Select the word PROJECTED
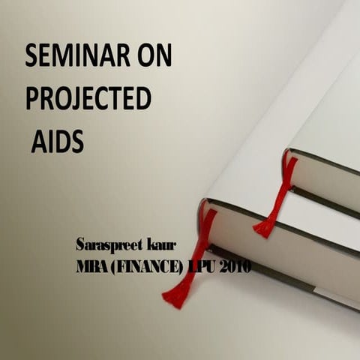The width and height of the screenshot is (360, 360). pyautogui.click(x=88, y=98)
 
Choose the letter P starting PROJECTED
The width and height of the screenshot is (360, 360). pyautogui.click(x=32, y=98)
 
